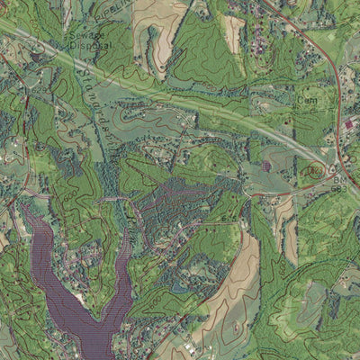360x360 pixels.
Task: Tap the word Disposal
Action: point(91,43)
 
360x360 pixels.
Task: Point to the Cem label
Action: point(308,101)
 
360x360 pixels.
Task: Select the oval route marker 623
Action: point(315,169)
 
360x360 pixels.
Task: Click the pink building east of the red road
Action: point(348,124)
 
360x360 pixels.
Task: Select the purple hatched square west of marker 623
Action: point(266,166)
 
